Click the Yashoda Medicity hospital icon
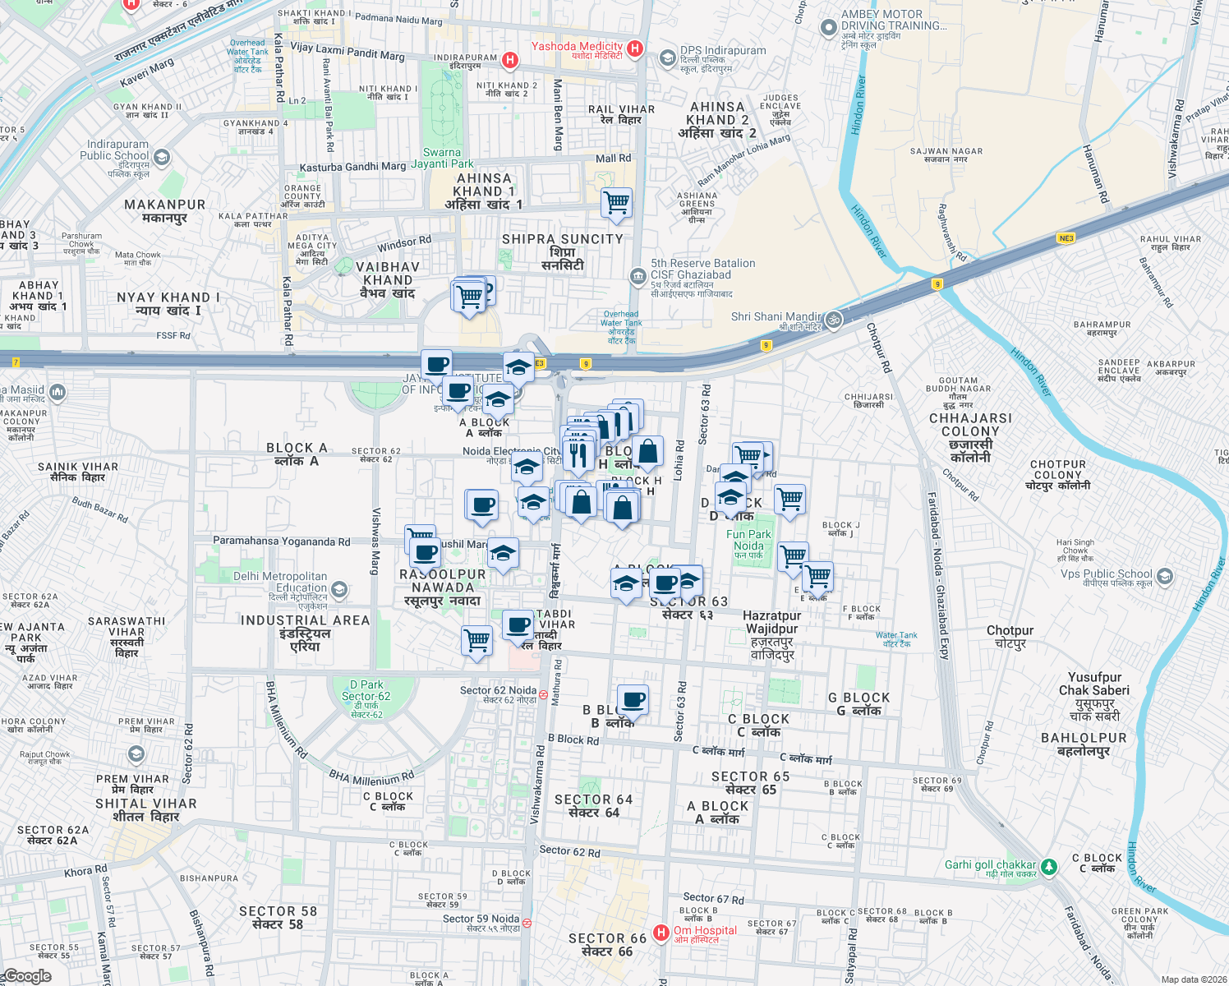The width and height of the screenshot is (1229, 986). tap(634, 49)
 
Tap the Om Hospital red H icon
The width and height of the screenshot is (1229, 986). tap(661, 933)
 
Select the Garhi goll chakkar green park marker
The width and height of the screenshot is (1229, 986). tap(1048, 867)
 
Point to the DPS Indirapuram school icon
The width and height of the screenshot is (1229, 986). tap(668, 58)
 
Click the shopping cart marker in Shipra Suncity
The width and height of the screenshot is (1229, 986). tap(616, 202)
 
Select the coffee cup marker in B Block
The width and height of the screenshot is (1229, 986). tap(633, 701)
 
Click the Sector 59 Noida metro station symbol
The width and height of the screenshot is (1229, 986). tap(527, 924)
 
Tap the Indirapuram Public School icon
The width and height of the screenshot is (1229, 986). tap(162, 157)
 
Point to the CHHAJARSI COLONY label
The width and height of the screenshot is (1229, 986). tap(970, 425)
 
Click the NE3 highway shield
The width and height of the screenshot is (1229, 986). tap(1066, 238)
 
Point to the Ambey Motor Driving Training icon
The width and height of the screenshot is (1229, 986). tap(828, 27)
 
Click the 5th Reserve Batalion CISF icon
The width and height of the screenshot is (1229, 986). tap(638, 276)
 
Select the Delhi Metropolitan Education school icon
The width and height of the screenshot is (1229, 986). tap(338, 590)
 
